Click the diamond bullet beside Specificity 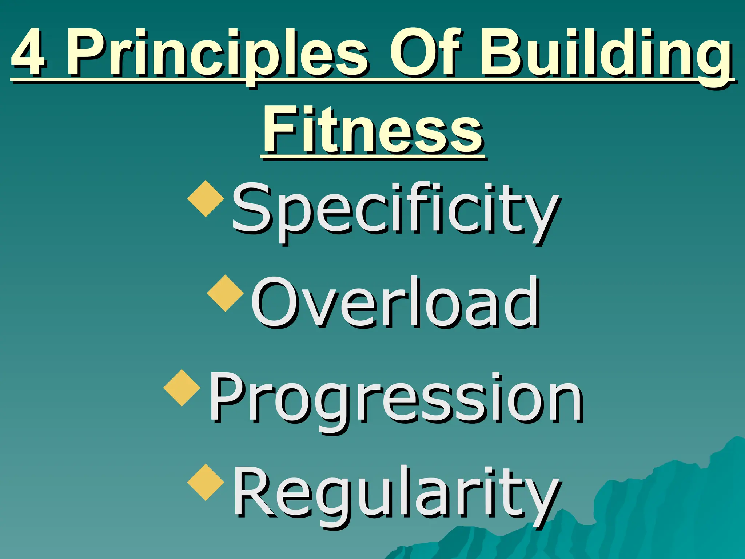(206, 199)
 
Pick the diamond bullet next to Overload (226, 293)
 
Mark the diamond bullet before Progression (182, 388)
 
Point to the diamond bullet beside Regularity (206, 483)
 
